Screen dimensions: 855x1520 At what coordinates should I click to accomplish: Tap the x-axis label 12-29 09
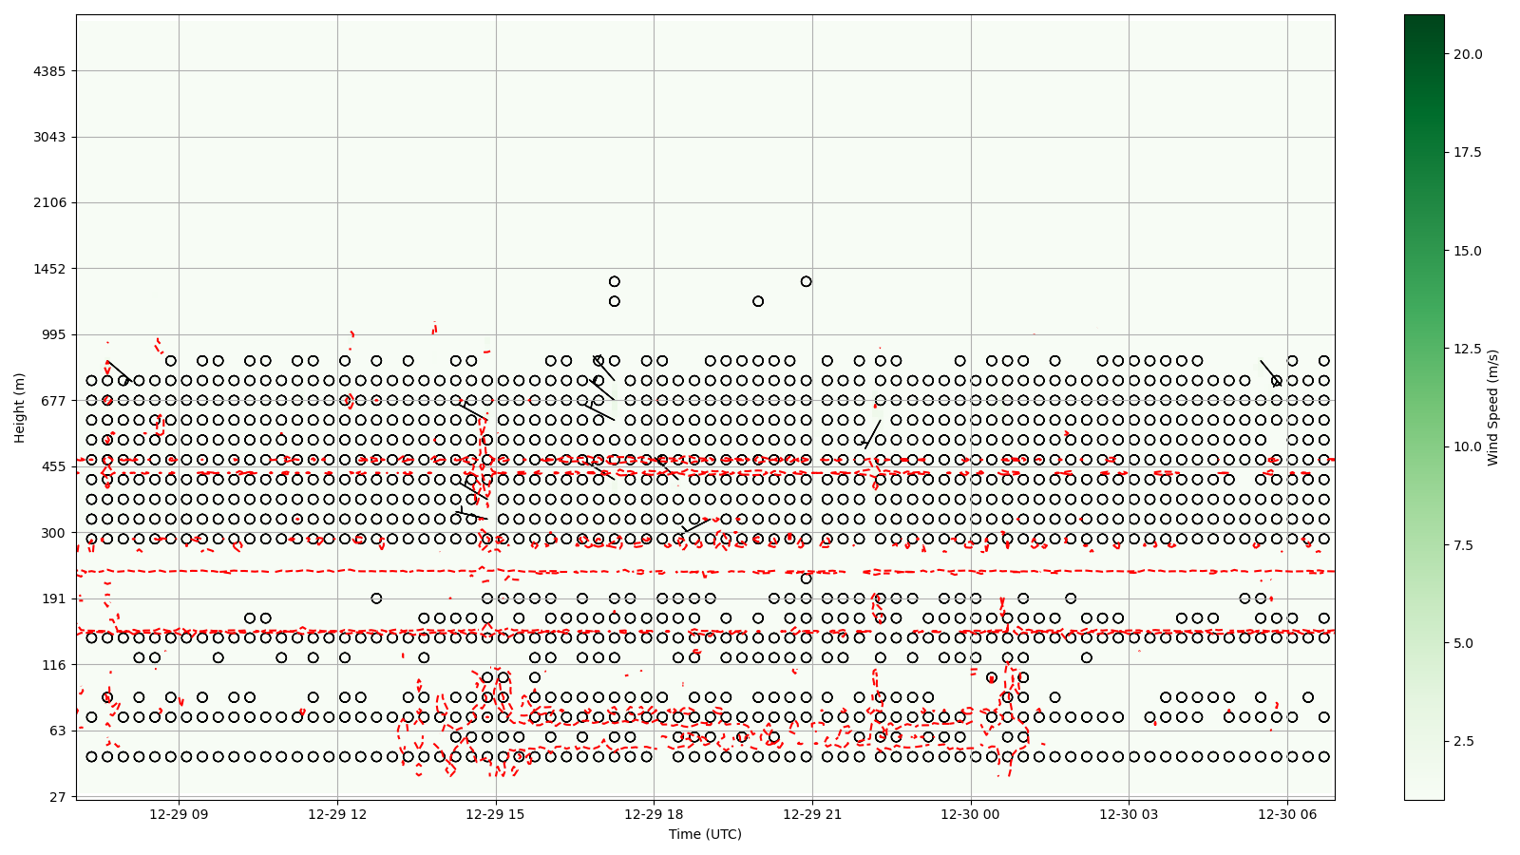coord(179,814)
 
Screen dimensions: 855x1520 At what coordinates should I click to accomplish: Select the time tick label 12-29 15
coord(496,814)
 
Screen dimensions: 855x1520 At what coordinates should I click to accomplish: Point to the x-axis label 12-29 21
coord(812,814)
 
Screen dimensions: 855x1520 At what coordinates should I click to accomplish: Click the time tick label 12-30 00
coord(971,814)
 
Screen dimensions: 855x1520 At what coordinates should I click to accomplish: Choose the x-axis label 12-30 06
coord(1287,814)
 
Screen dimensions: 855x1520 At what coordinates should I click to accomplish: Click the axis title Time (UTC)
coord(705,834)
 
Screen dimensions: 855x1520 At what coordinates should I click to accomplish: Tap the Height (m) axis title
coord(20,408)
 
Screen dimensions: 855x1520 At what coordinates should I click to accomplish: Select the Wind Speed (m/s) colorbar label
coord(1492,408)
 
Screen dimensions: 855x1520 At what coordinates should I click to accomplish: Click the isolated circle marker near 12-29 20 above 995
coord(758,301)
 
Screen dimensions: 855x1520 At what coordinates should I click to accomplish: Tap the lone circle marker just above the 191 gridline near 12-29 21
coord(806,579)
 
